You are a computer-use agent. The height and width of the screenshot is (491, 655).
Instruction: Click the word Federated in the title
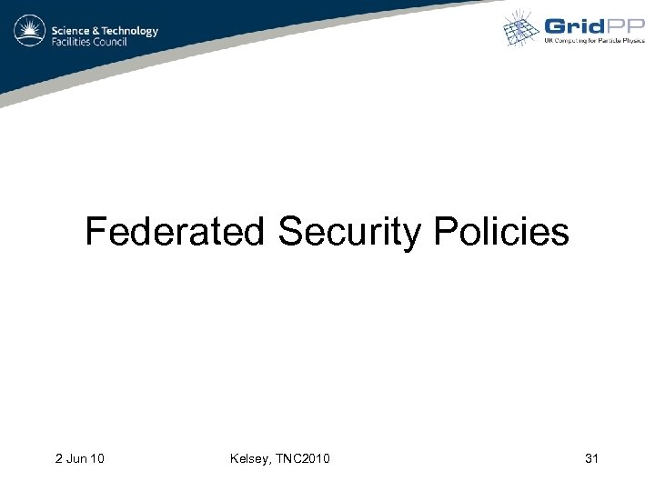[174, 232]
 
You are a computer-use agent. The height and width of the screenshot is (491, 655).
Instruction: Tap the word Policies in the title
[501, 232]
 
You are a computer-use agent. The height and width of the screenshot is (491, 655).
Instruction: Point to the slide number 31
[591, 458]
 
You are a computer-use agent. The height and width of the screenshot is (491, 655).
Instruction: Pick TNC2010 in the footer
[303, 458]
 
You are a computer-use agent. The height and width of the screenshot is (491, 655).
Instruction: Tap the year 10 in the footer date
[96, 458]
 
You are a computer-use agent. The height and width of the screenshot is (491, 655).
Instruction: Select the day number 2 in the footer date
[57, 458]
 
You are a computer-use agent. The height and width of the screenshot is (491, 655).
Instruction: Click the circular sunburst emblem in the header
[30, 35]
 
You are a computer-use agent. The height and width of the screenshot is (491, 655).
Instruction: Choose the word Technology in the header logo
[131, 30]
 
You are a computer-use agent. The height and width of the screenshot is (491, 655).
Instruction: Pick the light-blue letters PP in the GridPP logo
[627, 26]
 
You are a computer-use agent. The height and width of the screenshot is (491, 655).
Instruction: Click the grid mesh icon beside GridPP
[523, 28]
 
